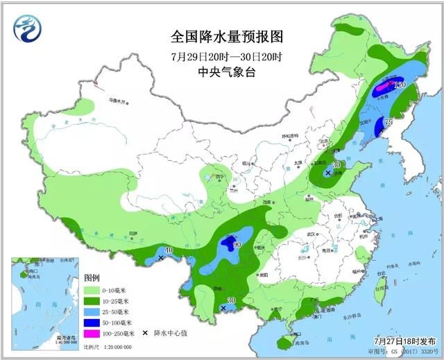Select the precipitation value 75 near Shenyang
[x=388, y=122]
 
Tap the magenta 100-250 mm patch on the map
[x=382, y=87]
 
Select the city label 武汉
[x=303, y=234]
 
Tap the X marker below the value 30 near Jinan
[x=327, y=173]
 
